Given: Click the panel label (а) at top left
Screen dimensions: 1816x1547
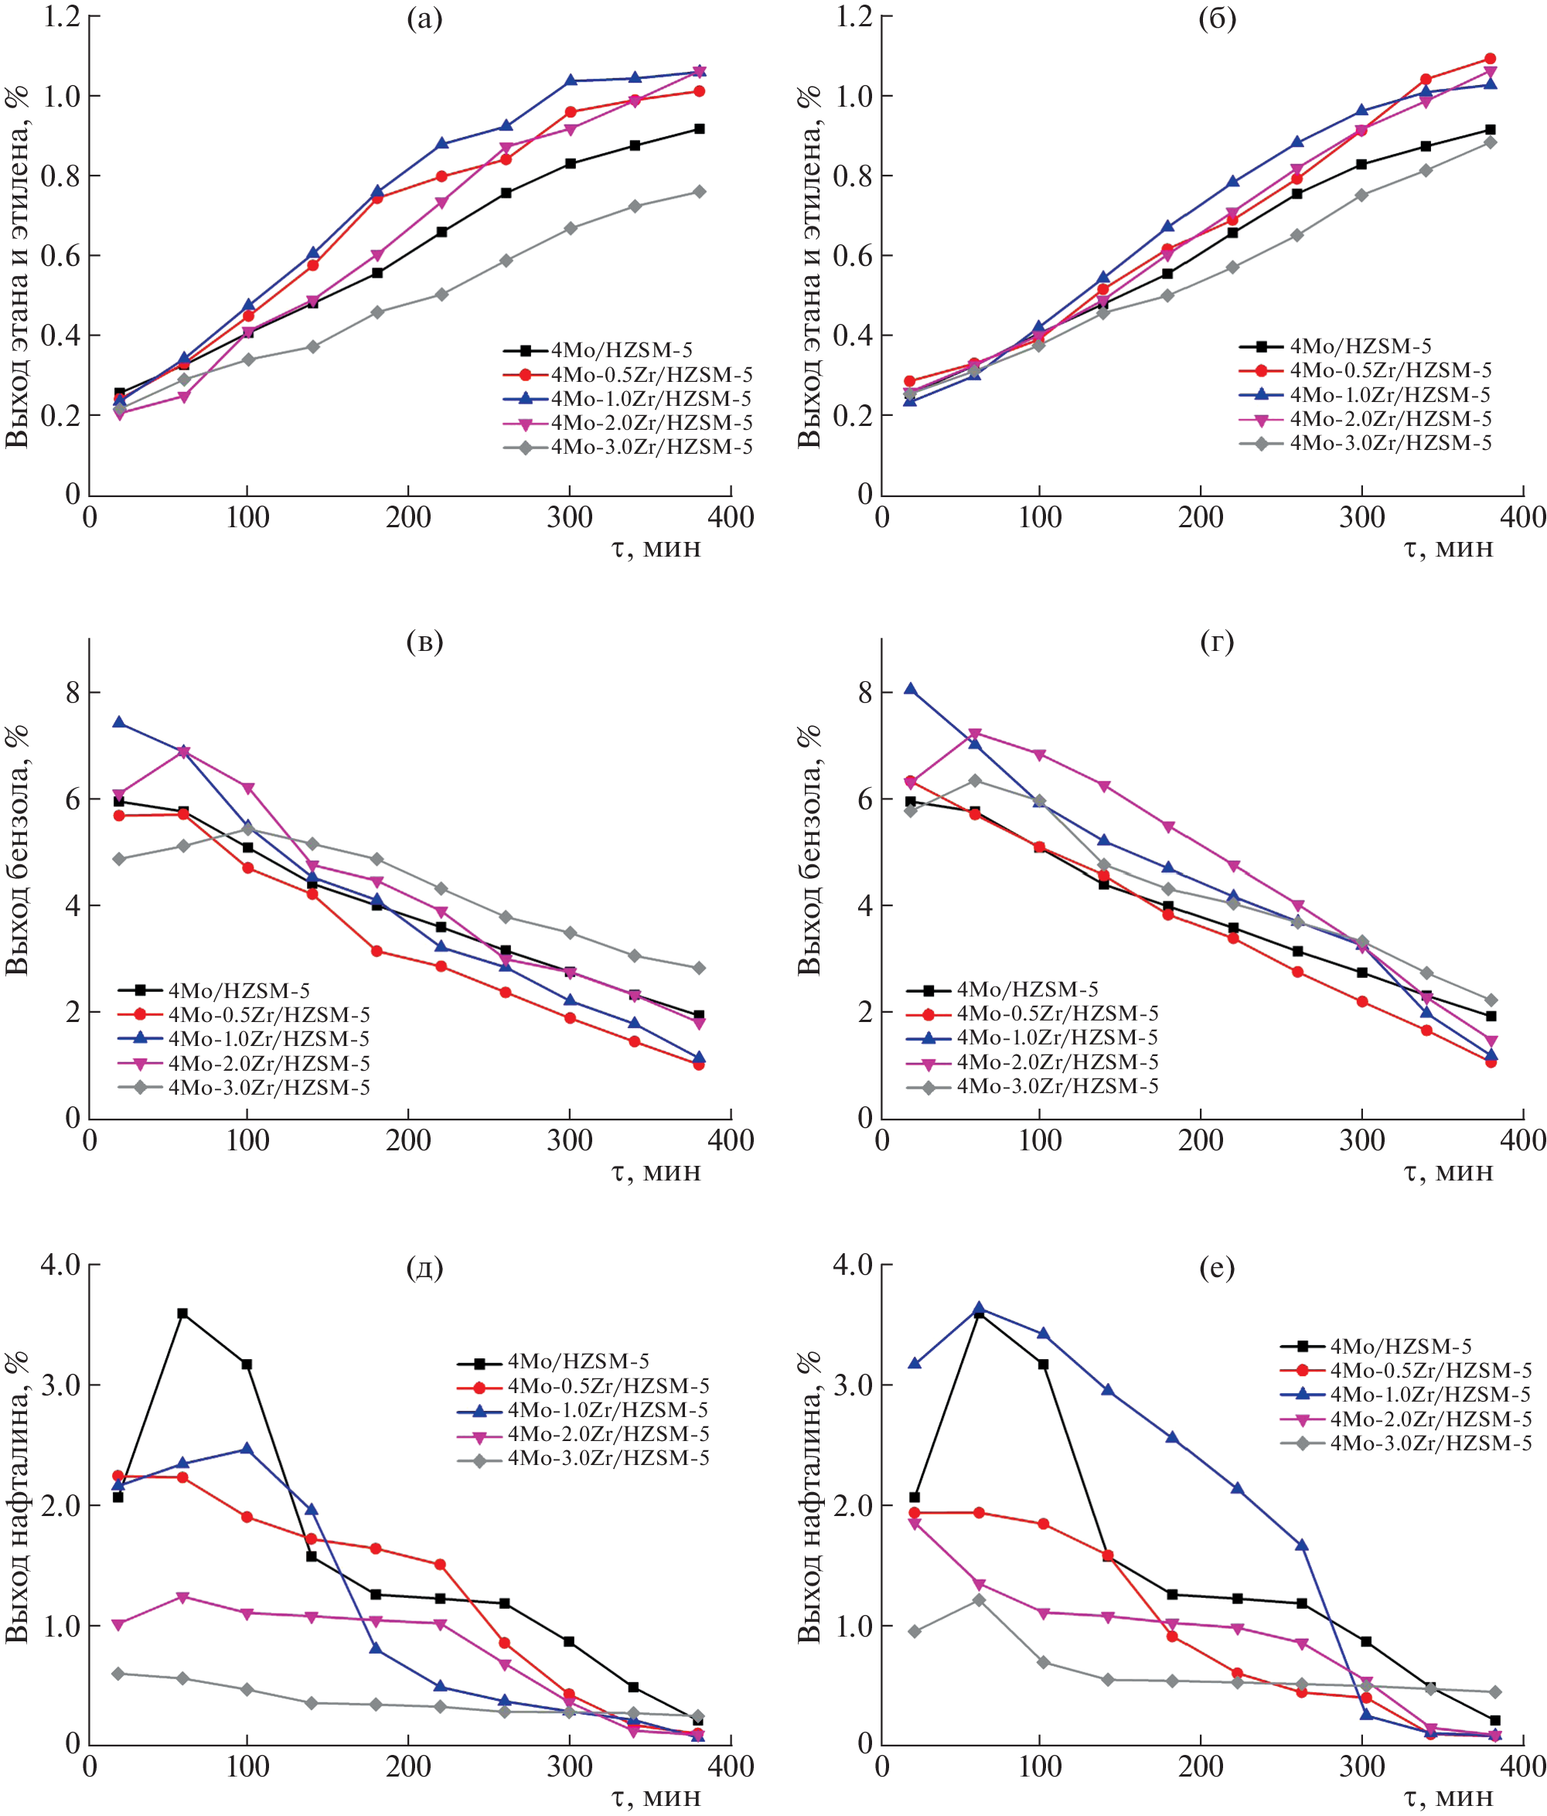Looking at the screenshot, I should (x=424, y=19).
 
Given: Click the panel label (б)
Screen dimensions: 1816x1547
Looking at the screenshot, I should (x=1217, y=19).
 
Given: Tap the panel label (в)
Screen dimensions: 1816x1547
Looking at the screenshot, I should (x=424, y=642).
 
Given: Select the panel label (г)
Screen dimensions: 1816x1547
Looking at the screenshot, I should (x=1217, y=642).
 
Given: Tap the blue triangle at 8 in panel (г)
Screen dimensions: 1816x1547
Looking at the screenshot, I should (x=911, y=689).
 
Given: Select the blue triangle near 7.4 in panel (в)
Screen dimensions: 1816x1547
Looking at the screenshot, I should (x=118, y=722).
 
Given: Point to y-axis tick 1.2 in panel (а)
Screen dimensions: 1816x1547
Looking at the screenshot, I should (x=61, y=15).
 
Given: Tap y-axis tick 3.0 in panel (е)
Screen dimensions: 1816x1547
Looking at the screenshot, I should (x=850, y=1385).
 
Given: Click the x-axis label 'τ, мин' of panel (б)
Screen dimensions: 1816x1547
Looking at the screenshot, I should (x=1448, y=549).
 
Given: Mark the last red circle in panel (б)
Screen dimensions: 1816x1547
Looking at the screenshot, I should (x=1490, y=59).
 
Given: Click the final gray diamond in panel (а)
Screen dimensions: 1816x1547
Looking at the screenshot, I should (x=700, y=192).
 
